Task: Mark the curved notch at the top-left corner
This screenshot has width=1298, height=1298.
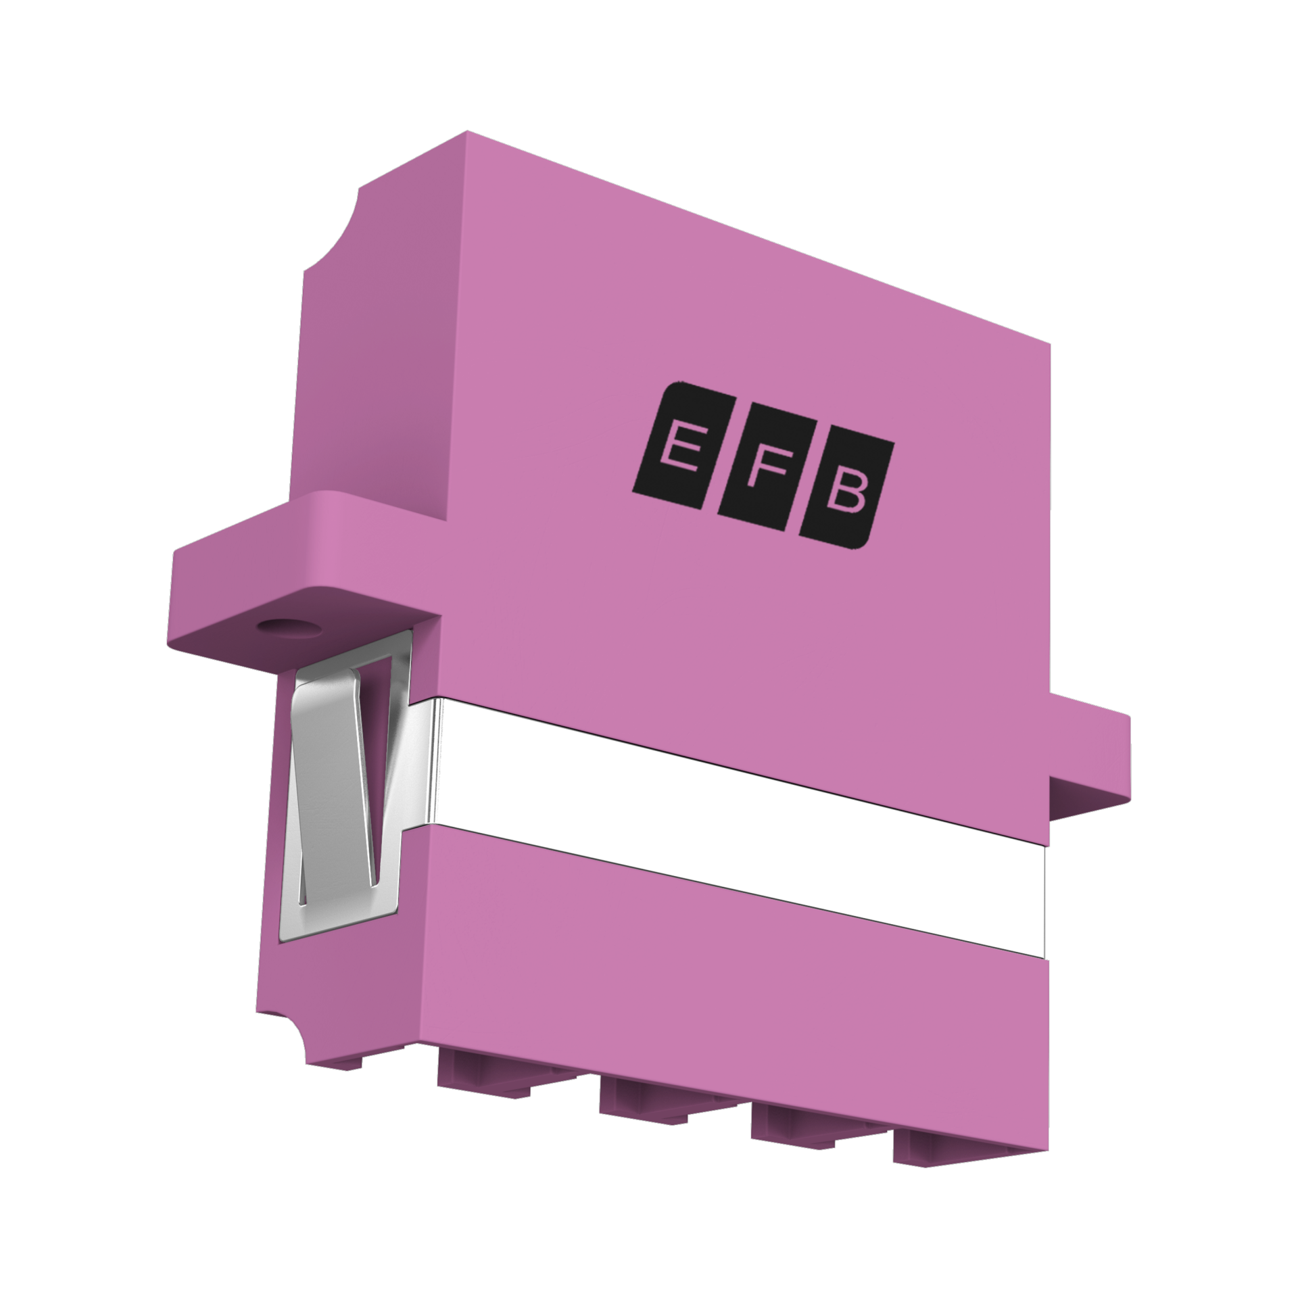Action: tap(331, 230)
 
